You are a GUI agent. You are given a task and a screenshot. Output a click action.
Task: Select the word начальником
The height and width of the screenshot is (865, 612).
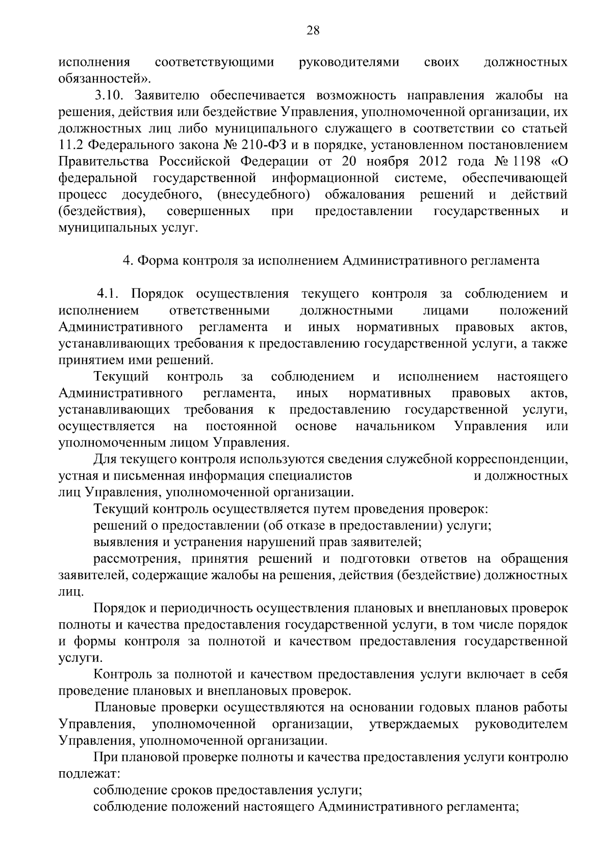pos(395,426)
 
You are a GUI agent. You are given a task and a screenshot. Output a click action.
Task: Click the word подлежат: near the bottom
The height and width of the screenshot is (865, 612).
pos(89,774)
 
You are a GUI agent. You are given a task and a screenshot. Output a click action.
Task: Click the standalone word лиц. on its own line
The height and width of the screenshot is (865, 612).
pos(70,592)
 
